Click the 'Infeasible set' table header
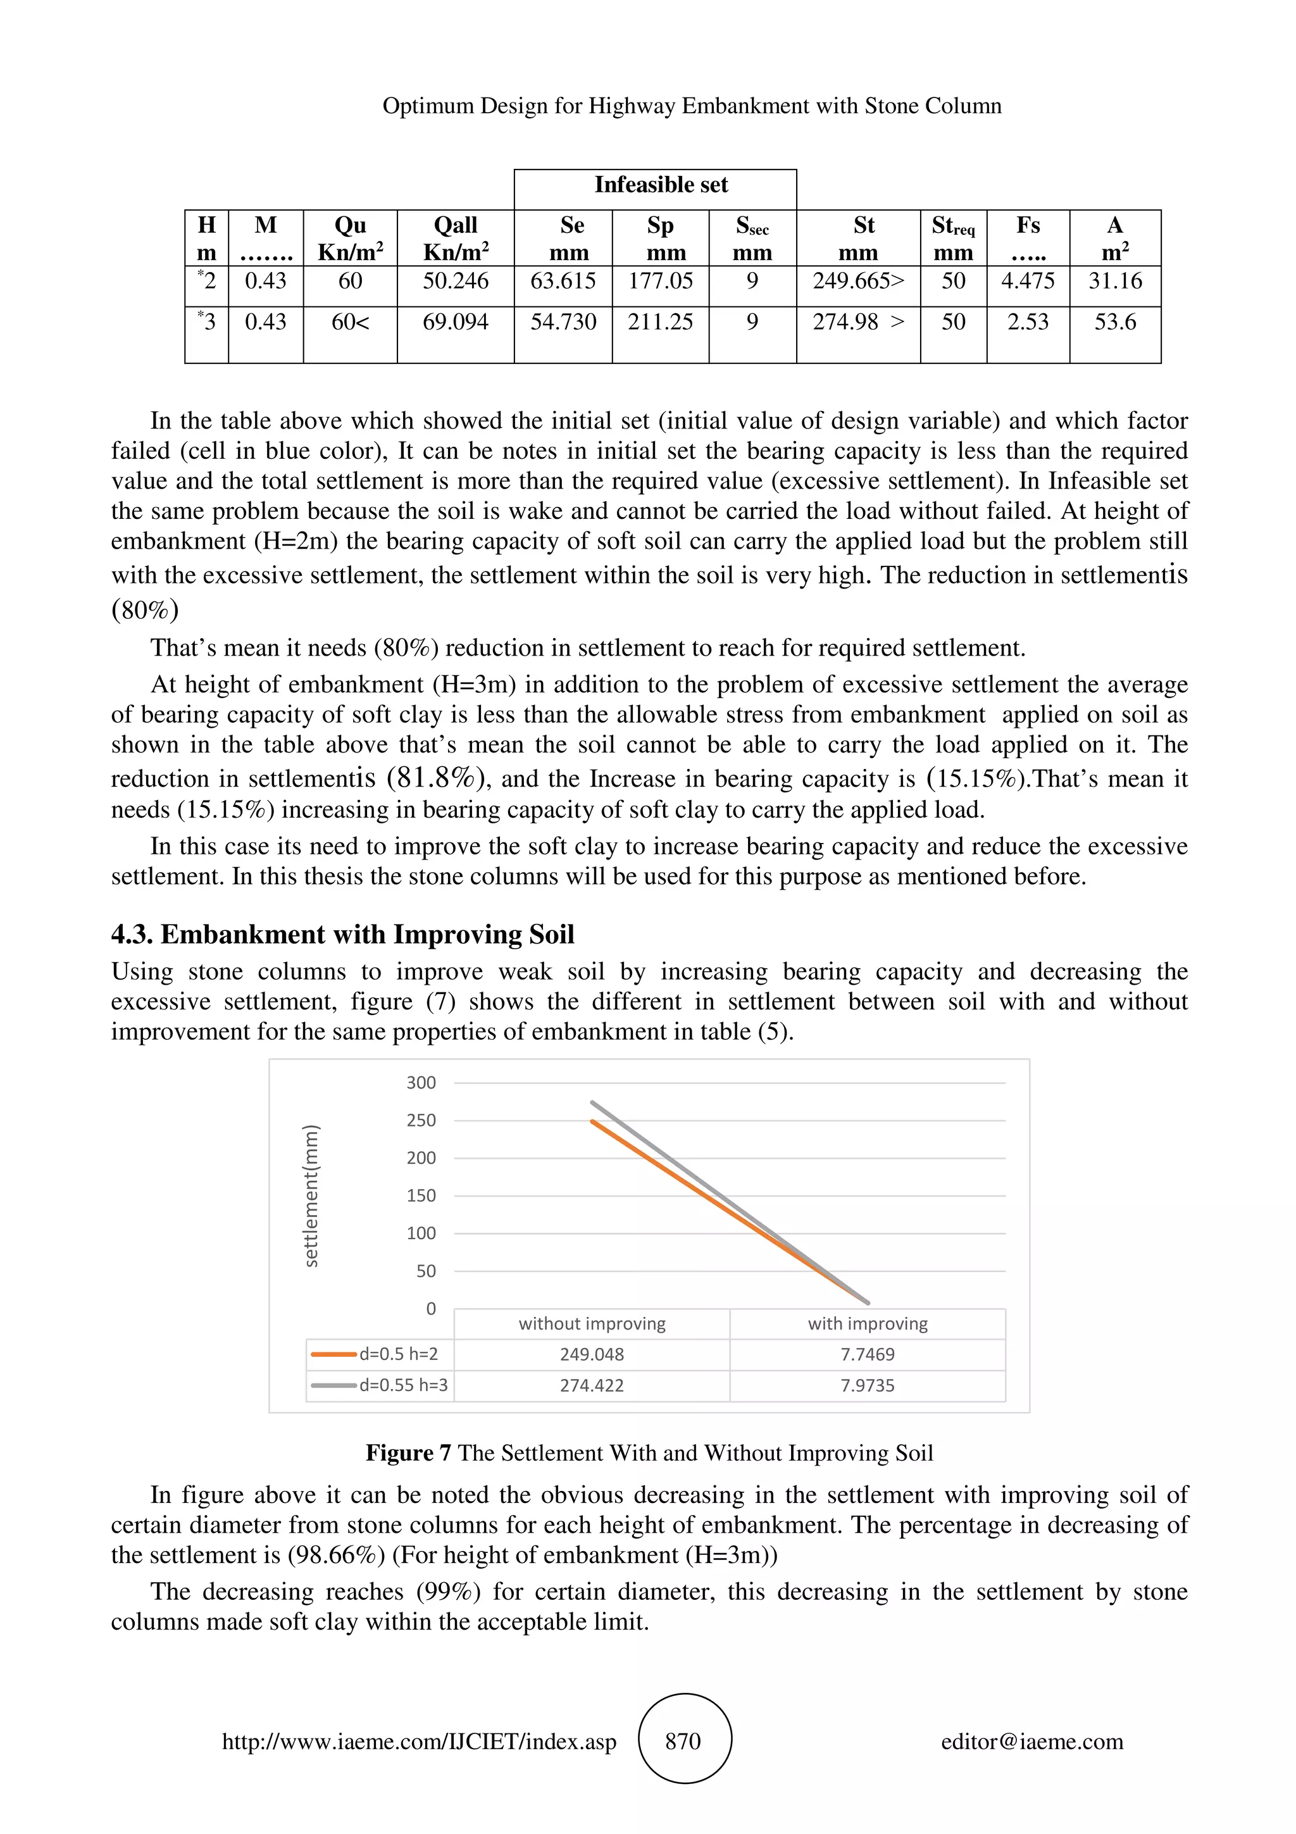[661, 185]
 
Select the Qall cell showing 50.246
[455, 281]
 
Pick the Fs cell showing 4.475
[1028, 281]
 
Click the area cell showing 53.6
[1115, 322]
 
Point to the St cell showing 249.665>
[859, 281]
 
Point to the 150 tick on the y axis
[421, 1196]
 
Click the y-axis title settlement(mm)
[311, 1196]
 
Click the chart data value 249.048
[592, 1354]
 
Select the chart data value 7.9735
[867, 1385]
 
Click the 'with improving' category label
[867, 1323]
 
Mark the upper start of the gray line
[592, 1102]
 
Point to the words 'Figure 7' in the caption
[408, 1453]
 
